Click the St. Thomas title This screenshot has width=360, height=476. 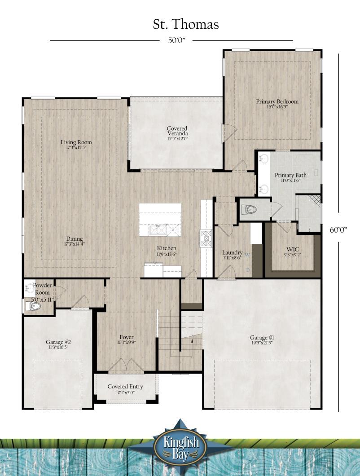pyautogui.click(x=186, y=24)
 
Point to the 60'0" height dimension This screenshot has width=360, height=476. pyautogui.click(x=338, y=229)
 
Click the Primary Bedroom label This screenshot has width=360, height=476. pyautogui.click(x=277, y=104)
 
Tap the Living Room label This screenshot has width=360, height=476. pyautogui.click(x=76, y=145)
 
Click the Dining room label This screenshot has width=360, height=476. pyautogui.click(x=75, y=241)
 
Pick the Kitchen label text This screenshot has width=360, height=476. pyautogui.click(x=166, y=251)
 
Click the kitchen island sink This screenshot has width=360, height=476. pyautogui.click(x=158, y=230)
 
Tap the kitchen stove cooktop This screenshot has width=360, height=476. pyautogui.click(x=206, y=238)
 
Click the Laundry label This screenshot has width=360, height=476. pyautogui.click(x=232, y=255)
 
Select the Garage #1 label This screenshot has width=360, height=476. pyautogui.click(x=262, y=339)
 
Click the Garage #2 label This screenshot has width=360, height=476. pyautogui.click(x=58, y=344)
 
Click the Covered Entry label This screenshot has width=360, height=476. pyautogui.click(x=125, y=389)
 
